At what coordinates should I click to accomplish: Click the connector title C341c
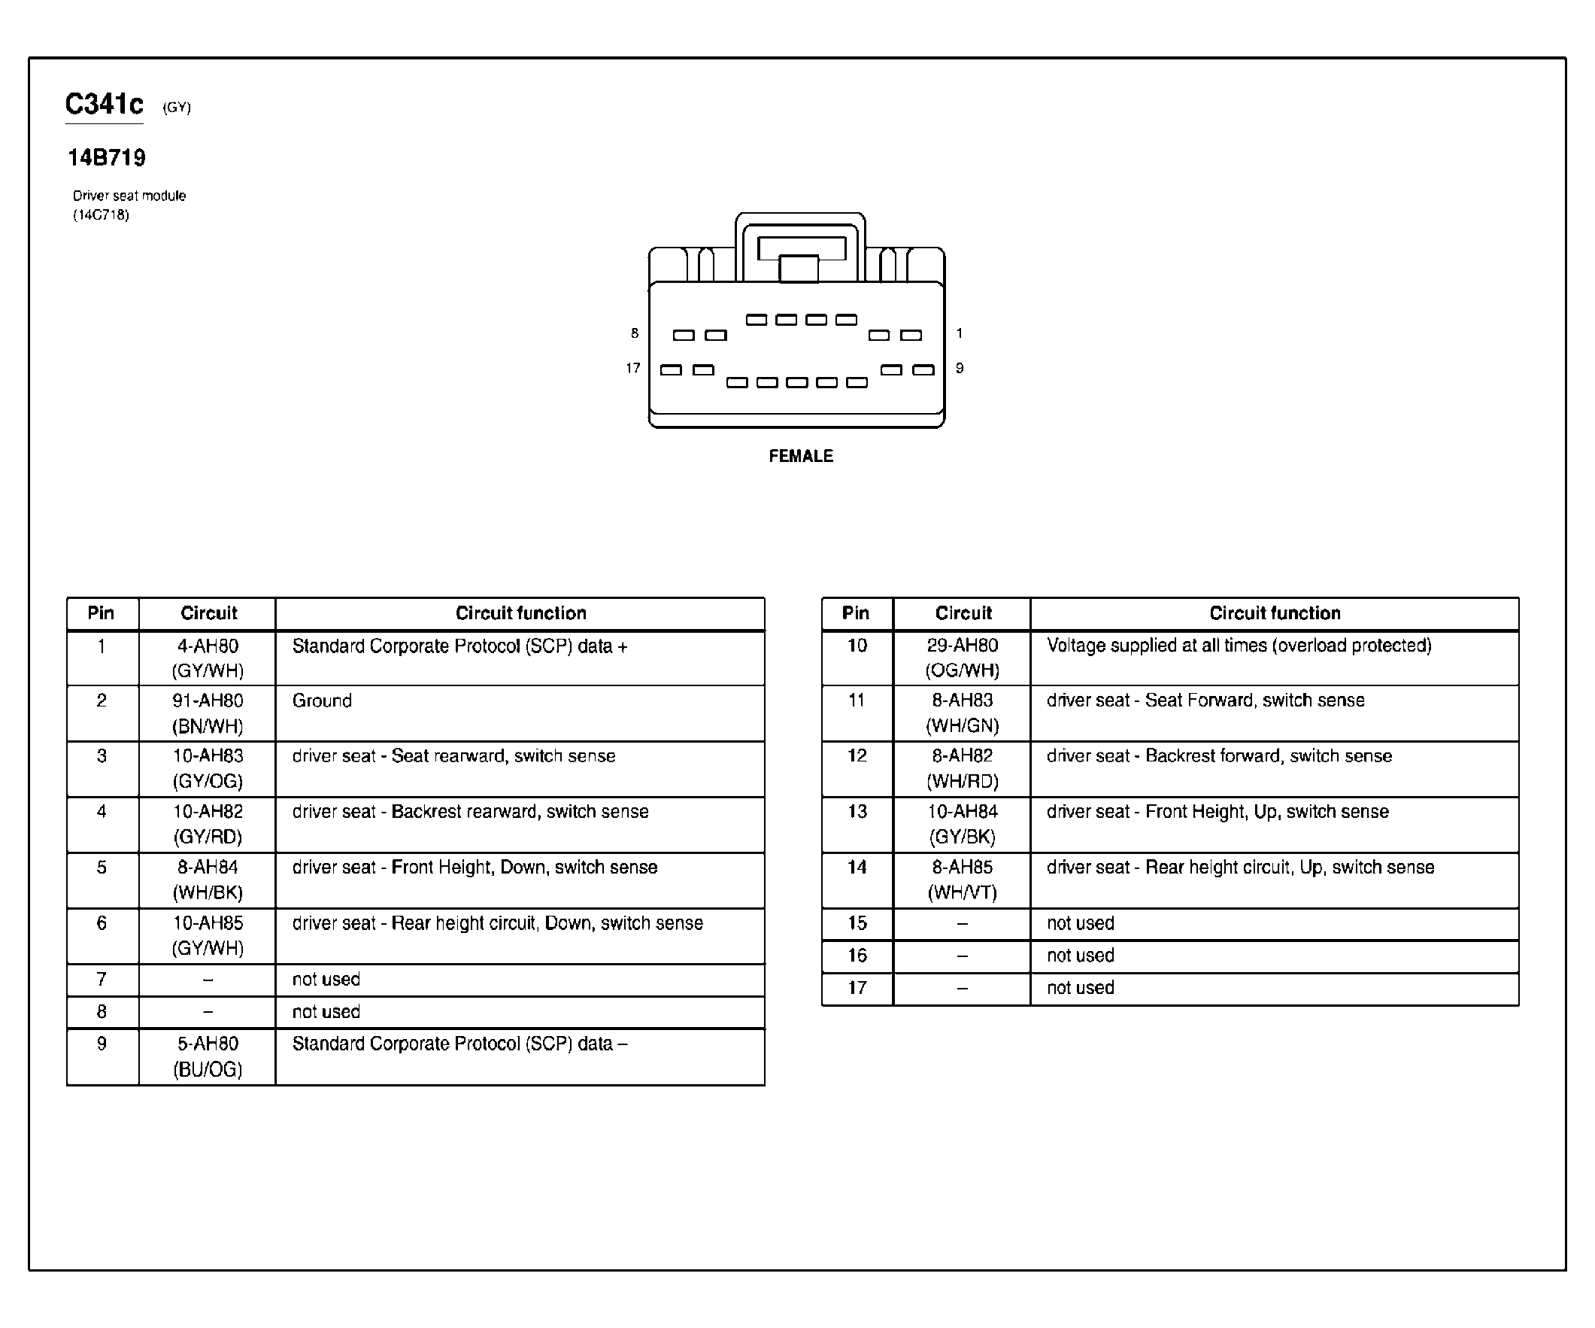[104, 103]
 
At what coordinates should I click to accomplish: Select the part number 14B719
[106, 157]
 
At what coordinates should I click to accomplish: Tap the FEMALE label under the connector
[801, 456]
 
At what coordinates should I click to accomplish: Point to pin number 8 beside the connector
[634, 333]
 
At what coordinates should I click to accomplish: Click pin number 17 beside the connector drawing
[632, 368]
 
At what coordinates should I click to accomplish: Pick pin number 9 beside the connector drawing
[960, 368]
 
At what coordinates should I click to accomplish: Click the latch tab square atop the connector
[799, 268]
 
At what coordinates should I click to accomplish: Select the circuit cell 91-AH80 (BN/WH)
[208, 713]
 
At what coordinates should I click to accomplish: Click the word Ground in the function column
[322, 700]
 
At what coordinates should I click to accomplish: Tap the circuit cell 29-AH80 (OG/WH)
[963, 658]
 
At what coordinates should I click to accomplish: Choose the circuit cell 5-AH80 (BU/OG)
[208, 1056]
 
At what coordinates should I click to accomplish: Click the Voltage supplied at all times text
[1239, 646]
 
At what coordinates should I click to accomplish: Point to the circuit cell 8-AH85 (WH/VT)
[963, 880]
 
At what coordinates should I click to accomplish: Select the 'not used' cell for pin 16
[1080, 956]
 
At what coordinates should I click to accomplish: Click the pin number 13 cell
[857, 812]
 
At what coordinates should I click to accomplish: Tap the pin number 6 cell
[102, 923]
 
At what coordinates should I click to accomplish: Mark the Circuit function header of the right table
[1275, 613]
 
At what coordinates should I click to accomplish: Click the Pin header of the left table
[101, 613]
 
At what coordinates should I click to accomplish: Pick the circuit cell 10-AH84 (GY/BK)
[963, 825]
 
